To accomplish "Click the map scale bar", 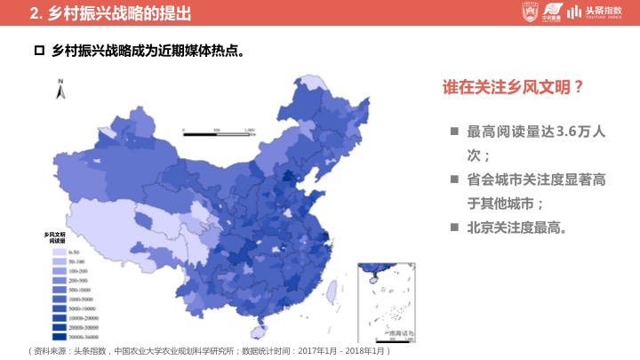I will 219,131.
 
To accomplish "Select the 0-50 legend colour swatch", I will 54,253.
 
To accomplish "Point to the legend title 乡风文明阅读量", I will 56,237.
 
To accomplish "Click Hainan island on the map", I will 259,332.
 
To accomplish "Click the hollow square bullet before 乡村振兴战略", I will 38,52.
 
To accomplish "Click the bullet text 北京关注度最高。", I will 517,228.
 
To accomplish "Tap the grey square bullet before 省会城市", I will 454,180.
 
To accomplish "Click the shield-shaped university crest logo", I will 529,12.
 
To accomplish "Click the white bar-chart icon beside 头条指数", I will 575,12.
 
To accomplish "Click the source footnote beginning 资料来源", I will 210,351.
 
